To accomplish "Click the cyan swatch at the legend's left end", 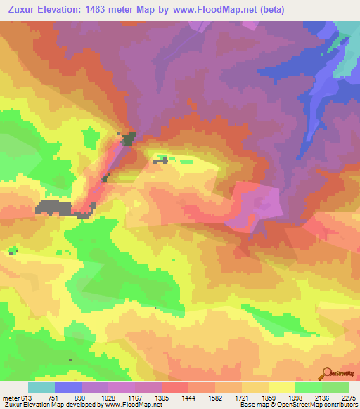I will [41, 387].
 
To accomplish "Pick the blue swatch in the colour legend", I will [68, 387].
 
